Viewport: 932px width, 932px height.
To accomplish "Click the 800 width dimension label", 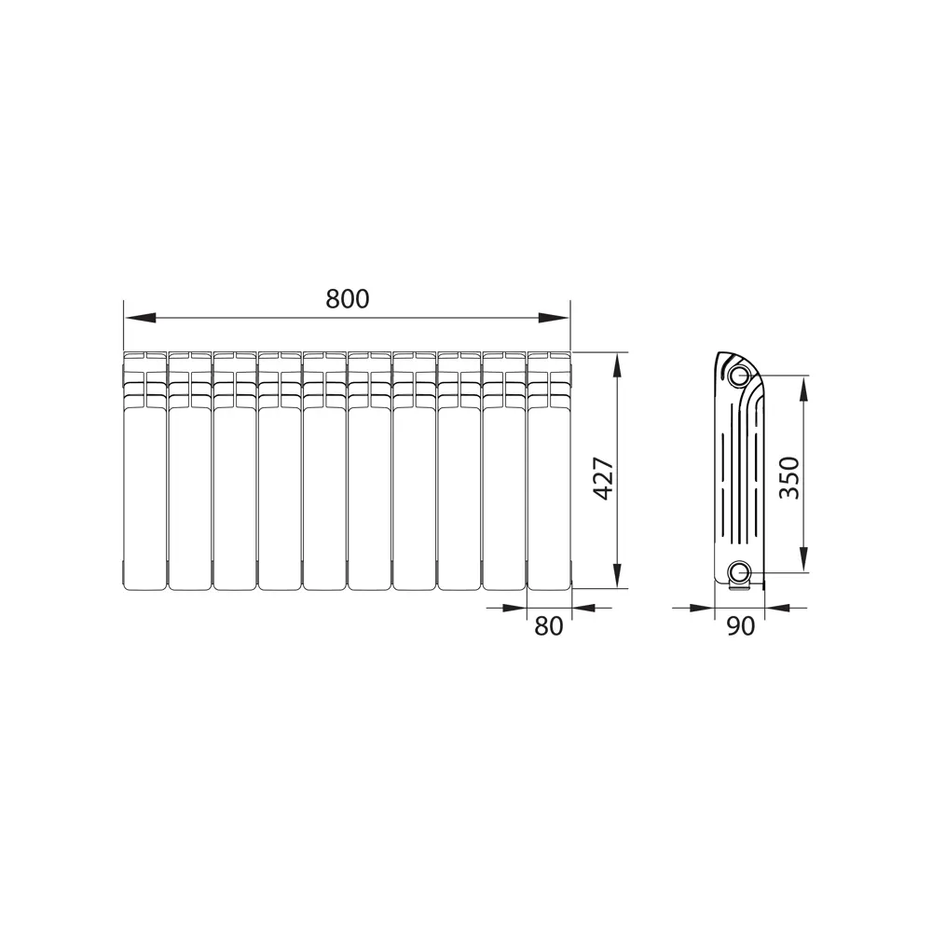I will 348,298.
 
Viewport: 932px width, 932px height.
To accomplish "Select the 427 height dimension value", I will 603,478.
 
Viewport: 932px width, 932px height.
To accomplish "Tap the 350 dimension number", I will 789,477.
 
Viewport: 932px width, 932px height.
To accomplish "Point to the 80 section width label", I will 549,626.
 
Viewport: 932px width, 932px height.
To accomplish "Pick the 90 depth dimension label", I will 740,626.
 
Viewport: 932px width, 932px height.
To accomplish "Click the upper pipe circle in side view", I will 739,376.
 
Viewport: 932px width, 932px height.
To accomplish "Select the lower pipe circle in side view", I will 739,571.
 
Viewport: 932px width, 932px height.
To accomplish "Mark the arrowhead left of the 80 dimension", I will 514,608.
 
